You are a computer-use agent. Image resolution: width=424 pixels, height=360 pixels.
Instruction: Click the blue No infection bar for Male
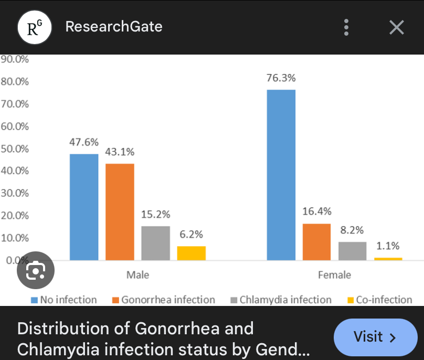coord(84,207)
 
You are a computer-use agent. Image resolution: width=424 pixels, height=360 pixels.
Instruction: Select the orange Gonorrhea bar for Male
coord(120,212)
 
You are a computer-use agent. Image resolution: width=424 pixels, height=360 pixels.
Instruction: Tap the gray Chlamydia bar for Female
coord(352,251)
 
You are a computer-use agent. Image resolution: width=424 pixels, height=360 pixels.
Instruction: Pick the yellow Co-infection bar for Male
coord(191,253)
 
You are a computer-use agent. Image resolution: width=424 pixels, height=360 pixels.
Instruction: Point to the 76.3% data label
coord(281,78)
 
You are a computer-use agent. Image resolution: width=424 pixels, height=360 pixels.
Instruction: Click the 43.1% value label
coord(120,152)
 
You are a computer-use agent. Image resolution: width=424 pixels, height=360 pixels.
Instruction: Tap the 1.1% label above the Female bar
coord(388,246)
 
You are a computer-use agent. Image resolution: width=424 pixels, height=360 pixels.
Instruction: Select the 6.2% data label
coord(191,234)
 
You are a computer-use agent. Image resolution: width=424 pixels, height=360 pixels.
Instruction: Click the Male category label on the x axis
coord(137,275)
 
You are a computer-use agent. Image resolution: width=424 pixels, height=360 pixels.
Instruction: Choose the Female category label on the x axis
coord(334,275)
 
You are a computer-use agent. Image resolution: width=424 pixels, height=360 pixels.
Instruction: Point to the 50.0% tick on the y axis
coord(15,149)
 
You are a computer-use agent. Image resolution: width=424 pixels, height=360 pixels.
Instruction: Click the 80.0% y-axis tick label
coord(15,82)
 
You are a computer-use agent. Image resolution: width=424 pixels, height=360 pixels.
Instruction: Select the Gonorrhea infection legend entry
coord(163,300)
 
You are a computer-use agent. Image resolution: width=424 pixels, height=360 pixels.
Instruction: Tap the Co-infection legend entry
coord(379,300)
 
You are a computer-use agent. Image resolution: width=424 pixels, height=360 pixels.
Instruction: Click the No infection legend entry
coord(63,300)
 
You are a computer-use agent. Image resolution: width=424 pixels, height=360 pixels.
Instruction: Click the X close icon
coord(397,27)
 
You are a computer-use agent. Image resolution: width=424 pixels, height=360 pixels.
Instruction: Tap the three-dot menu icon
coord(346,27)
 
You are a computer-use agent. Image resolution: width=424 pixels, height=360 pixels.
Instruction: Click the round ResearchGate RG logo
coord(35,27)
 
